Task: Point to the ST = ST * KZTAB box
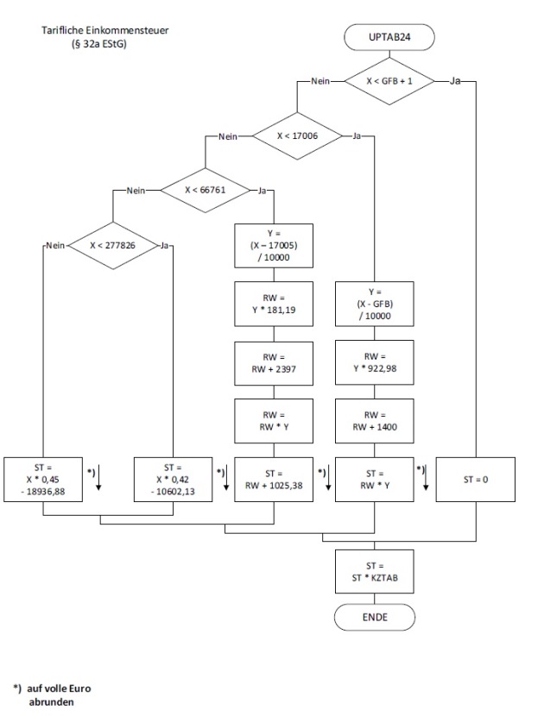[373, 572]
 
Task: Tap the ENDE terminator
[373, 618]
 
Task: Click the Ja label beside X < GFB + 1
[456, 82]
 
